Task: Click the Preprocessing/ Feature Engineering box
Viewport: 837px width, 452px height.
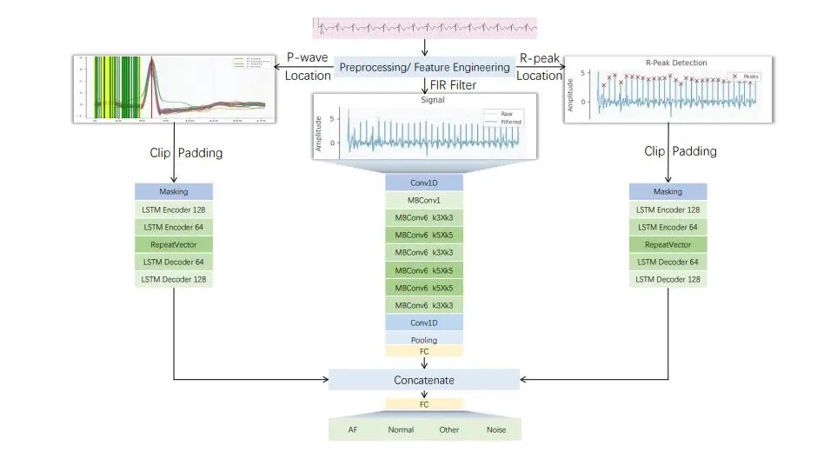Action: pos(424,67)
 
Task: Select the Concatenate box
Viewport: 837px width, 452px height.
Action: pos(424,380)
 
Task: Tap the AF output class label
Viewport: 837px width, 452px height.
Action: pos(352,429)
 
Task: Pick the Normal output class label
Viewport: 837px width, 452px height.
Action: pos(401,429)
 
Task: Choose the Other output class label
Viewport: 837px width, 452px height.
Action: pos(449,429)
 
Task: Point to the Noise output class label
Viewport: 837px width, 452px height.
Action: pos(496,429)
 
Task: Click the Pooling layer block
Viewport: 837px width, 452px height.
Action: pos(424,339)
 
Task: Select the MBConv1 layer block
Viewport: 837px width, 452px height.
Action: pos(424,201)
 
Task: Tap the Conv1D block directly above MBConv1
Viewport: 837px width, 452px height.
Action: pos(424,183)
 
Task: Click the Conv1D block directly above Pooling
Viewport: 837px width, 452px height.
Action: pos(424,322)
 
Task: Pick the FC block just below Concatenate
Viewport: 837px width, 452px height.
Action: pos(424,404)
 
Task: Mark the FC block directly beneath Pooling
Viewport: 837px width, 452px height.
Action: pos(424,351)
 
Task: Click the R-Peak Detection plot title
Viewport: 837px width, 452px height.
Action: pos(676,63)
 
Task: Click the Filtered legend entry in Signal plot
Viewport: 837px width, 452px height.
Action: pos(511,123)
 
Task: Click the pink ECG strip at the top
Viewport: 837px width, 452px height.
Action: pos(424,27)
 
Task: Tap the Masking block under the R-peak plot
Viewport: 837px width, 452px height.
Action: pos(668,191)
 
